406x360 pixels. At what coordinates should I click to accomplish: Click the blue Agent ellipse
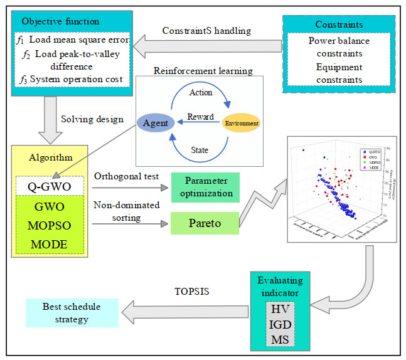(156, 124)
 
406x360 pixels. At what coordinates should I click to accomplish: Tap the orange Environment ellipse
(241, 122)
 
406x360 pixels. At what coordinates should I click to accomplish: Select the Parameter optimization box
(205, 186)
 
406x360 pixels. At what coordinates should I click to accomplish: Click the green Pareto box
(205, 223)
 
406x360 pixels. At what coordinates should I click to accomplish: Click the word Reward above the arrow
(201, 117)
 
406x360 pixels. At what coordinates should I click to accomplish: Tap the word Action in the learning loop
(200, 93)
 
